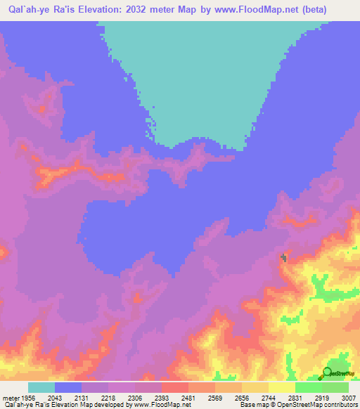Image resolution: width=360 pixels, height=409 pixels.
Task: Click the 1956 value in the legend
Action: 22,396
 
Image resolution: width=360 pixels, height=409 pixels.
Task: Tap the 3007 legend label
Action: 349,396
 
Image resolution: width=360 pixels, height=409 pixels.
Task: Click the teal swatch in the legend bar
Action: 41,387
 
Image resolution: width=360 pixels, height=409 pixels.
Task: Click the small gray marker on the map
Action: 284,259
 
